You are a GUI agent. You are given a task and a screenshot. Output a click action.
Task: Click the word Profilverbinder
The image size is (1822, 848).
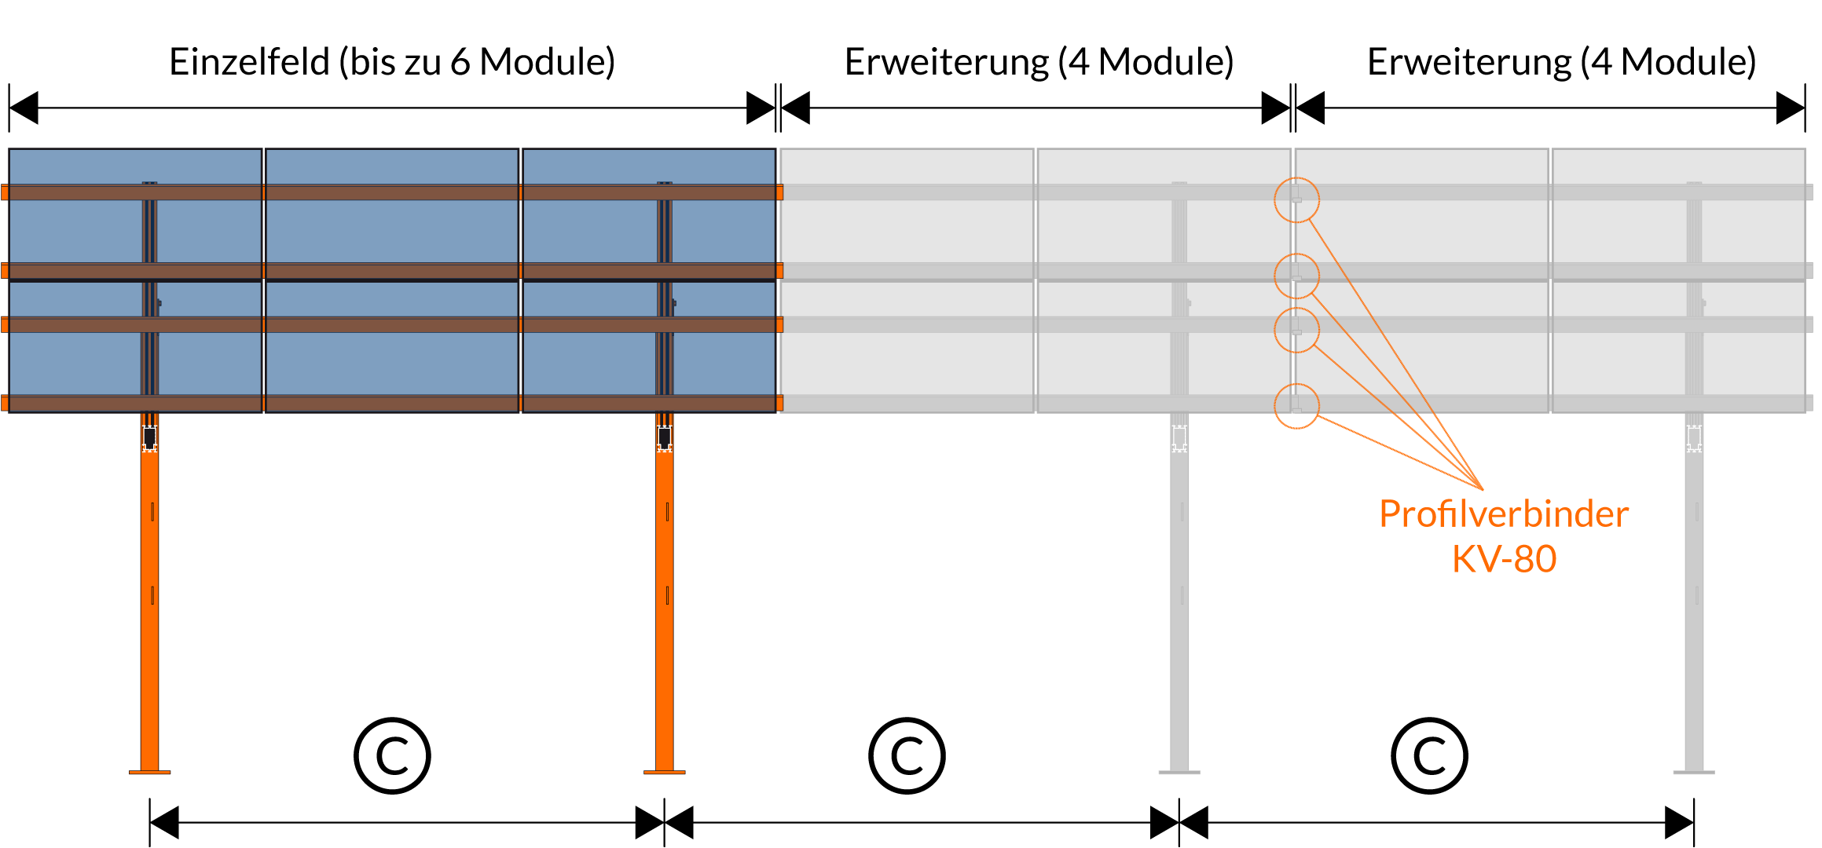(1503, 514)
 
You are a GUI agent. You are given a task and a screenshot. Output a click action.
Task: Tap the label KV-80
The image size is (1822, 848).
(1504, 559)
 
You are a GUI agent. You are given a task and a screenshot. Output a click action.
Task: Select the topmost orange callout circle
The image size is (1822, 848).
(1296, 200)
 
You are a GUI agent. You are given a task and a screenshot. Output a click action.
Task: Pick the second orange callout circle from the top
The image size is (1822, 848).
(1296, 276)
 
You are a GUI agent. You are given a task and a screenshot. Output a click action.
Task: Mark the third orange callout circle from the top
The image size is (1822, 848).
(1296, 330)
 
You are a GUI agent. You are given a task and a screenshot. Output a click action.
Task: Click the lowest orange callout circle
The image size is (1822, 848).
(1296, 406)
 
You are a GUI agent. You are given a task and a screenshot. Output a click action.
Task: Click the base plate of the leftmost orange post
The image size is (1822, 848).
(149, 773)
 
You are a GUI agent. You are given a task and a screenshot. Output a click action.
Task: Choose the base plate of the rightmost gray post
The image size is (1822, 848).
(1694, 773)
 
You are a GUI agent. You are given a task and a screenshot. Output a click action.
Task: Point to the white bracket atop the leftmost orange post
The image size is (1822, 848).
(149, 438)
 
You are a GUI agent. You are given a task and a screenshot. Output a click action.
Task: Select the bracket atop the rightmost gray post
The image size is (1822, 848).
(1694, 438)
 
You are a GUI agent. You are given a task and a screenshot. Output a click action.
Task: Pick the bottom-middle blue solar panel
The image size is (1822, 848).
(392, 361)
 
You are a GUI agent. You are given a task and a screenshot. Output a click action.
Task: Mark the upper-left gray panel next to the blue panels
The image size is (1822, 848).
(907, 228)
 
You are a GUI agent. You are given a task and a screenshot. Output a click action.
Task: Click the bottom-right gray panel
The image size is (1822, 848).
(1678, 361)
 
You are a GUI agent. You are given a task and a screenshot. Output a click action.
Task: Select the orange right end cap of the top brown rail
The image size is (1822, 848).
(779, 192)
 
